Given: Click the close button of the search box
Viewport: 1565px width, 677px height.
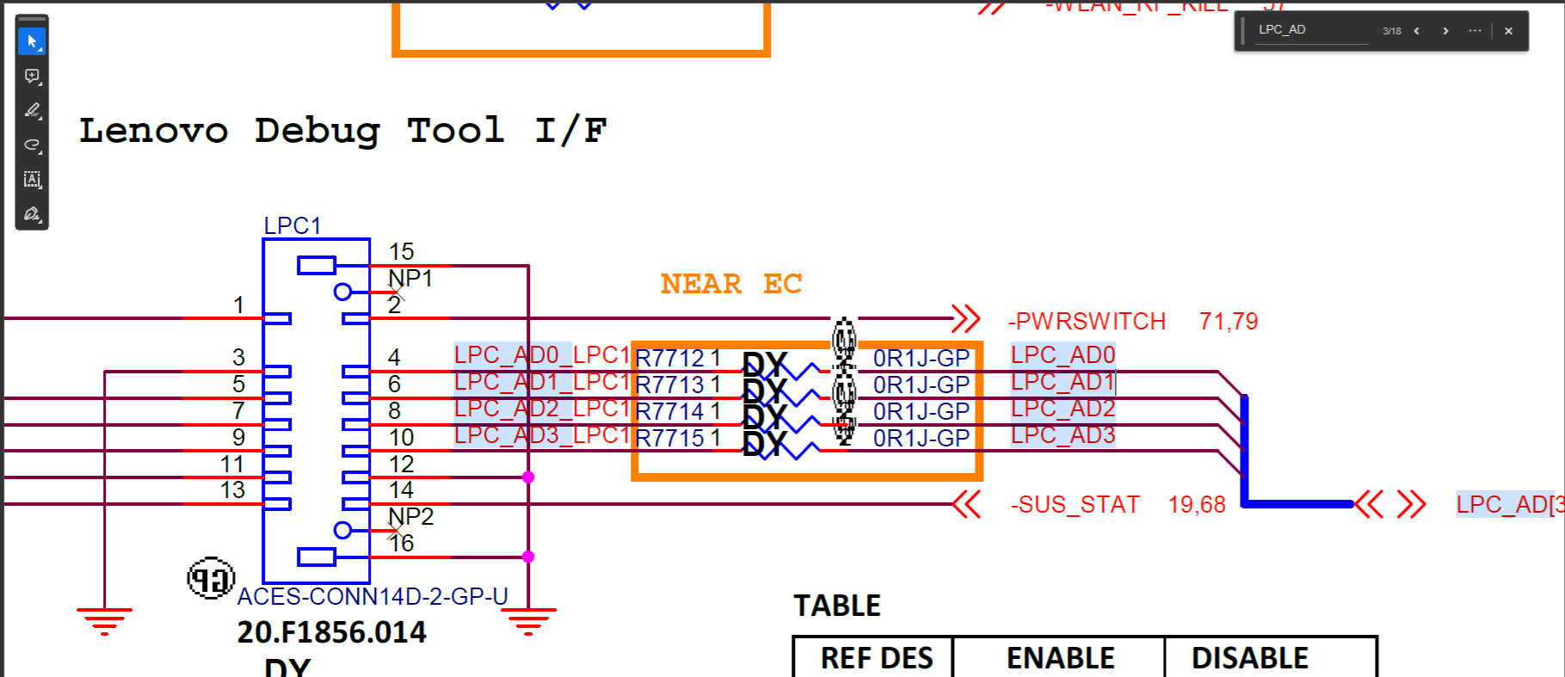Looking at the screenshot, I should tap(1508, 31).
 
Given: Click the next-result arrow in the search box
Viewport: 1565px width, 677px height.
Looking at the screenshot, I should tap(1445, 31).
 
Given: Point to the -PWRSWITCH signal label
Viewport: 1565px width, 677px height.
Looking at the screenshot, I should tap(1087, 321).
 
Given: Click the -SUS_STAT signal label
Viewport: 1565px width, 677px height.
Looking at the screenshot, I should tap(1075, 504).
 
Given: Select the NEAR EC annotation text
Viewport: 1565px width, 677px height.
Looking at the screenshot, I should tap(730, 284).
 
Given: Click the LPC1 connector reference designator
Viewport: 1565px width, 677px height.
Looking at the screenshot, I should tap(292, 225).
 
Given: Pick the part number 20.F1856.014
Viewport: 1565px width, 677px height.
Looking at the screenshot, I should tap(331, 632).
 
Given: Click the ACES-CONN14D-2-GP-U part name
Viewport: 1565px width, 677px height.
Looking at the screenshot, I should tap(373, 596).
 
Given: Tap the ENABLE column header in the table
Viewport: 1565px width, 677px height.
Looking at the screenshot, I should tap(1060, 658).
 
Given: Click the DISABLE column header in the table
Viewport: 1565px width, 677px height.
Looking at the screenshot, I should tap(1249, 658).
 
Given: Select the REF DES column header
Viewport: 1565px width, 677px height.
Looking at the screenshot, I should tap(876, 658).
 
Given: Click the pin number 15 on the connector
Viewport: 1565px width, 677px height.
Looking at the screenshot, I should tap(401, 251).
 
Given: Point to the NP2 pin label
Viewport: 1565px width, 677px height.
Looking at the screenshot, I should tap(411, 516).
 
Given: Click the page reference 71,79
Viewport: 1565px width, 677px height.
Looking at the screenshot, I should tap(1228, 321).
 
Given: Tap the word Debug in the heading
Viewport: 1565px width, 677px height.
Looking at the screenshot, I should tap(317, 131).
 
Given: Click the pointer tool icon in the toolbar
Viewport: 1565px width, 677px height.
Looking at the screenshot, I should tap(32, 41).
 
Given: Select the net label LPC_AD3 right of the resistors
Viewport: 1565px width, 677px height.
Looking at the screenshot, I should tap(1063, 435).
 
